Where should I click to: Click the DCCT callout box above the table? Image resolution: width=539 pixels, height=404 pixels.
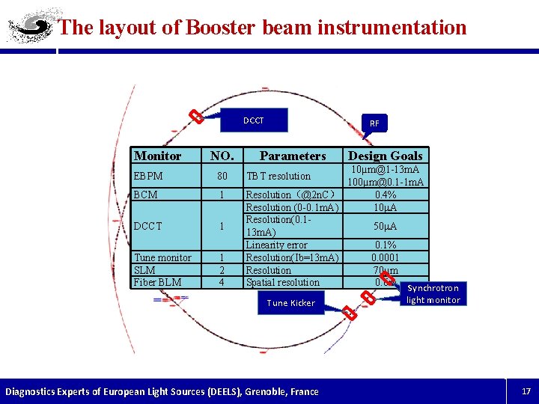254,120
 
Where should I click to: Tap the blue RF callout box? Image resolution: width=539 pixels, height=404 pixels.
374,123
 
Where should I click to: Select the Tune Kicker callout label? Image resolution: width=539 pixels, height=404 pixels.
290,303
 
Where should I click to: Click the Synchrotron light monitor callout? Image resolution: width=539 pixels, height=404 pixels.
433,294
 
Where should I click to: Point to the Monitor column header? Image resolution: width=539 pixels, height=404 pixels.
157,156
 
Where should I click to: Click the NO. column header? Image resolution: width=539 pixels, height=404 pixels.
222,156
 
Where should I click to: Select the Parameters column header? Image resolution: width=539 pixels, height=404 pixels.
293,156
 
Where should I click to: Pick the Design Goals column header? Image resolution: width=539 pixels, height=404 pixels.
386,156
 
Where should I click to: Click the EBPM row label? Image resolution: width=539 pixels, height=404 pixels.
148,176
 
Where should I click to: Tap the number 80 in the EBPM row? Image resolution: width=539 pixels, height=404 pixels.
222,176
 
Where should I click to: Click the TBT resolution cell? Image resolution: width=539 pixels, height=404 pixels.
278,176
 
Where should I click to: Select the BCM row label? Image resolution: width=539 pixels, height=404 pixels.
145,195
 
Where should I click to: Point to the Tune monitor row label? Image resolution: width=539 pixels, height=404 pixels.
162,257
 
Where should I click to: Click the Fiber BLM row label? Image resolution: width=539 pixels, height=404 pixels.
157,282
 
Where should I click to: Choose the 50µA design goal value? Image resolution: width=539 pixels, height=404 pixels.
386,226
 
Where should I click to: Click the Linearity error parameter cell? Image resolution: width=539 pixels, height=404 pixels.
276,245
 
